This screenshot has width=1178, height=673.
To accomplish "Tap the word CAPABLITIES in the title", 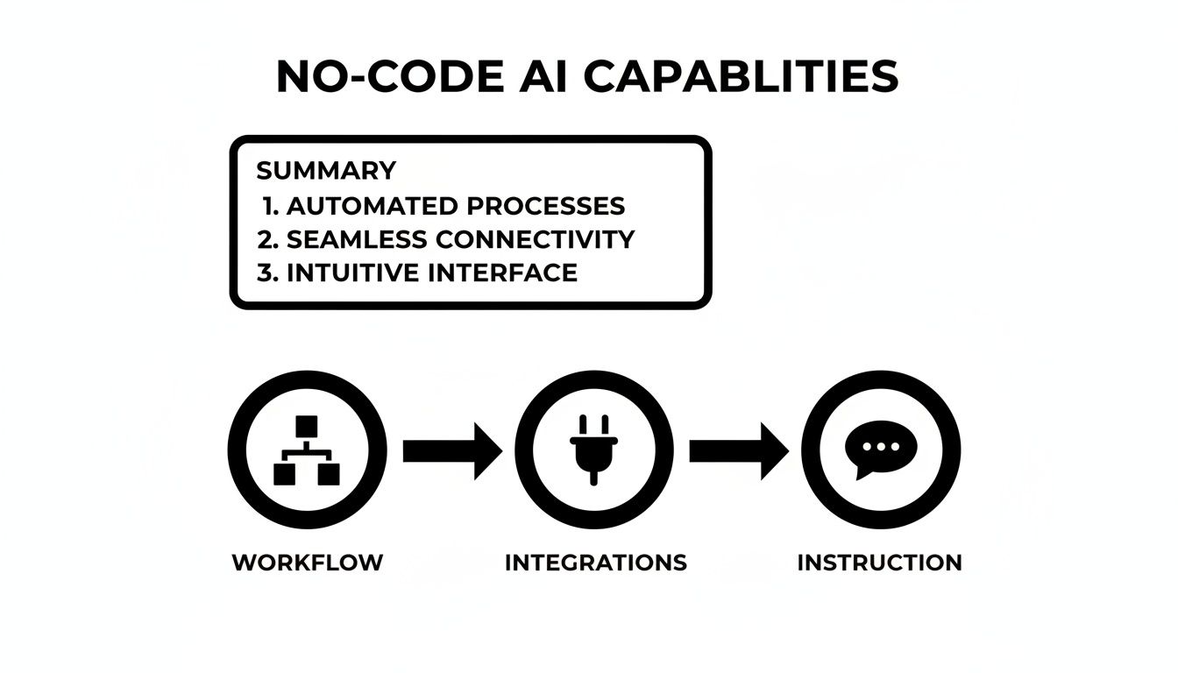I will pyautogui.click(x=741, y=77).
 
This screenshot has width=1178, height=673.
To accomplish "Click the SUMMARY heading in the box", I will pyautogui.click(x=326, y=170).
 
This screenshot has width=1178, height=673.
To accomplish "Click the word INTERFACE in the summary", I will pyautogui.click(x=503, y=273).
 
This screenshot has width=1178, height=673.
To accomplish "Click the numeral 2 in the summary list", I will pyautogui.click(x=266, y=239).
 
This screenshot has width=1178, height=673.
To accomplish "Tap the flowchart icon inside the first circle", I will pyautogui.click(x=307, y=450).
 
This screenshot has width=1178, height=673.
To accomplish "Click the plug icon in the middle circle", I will pyautogui.click(x=593, y=449).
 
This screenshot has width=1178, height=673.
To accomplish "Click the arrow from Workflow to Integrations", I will pyautogui.click(x=451, y=450).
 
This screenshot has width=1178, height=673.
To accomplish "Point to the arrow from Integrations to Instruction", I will pyautogui.click(x=737, y=450).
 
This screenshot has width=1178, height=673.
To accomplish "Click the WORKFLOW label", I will pyautogui.click(x=308, y=563).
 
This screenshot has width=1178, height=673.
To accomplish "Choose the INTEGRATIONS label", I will pyautogui.click(x=596, y=563).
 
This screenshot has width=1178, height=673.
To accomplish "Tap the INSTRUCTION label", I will pyautogui.click(x=879, y=563).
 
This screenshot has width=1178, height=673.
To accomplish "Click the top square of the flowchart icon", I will pyautogui.click(x=307, y=426).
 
